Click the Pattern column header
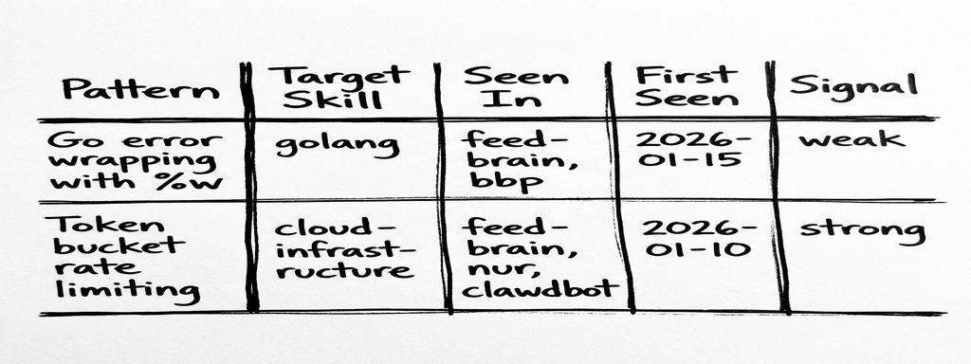pos(139,89)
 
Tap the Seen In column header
pos(517,87)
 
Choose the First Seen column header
pos(687,86)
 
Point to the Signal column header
pos(854,85)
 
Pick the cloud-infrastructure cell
pos(343,249)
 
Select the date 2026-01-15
pos(691,150)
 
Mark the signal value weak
pos(851,140)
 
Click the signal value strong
pos(861,230)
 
